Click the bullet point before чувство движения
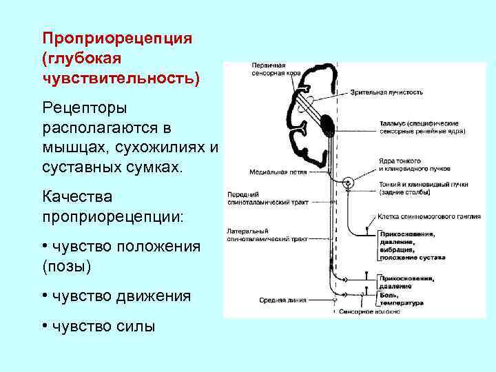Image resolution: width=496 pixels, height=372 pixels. click(44, 296)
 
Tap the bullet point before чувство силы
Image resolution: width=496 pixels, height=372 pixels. click(44, 327)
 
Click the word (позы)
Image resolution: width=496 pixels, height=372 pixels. click(67, 266)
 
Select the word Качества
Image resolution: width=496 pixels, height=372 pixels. click(78, 196)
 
